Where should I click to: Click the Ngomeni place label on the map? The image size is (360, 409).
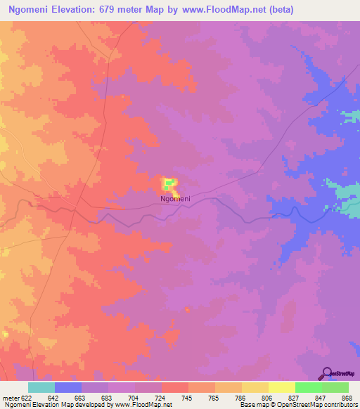point(175,199)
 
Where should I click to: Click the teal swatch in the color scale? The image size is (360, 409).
point(41,387)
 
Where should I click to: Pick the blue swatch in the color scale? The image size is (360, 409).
point(68,387)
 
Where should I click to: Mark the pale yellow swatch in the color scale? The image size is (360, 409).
point(282,387)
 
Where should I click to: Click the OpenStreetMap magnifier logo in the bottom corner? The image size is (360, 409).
point(327,373)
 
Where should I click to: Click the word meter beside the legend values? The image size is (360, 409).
point(9,397)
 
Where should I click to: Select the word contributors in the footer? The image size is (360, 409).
point(342,404)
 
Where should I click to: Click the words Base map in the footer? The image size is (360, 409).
point(253,404)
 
